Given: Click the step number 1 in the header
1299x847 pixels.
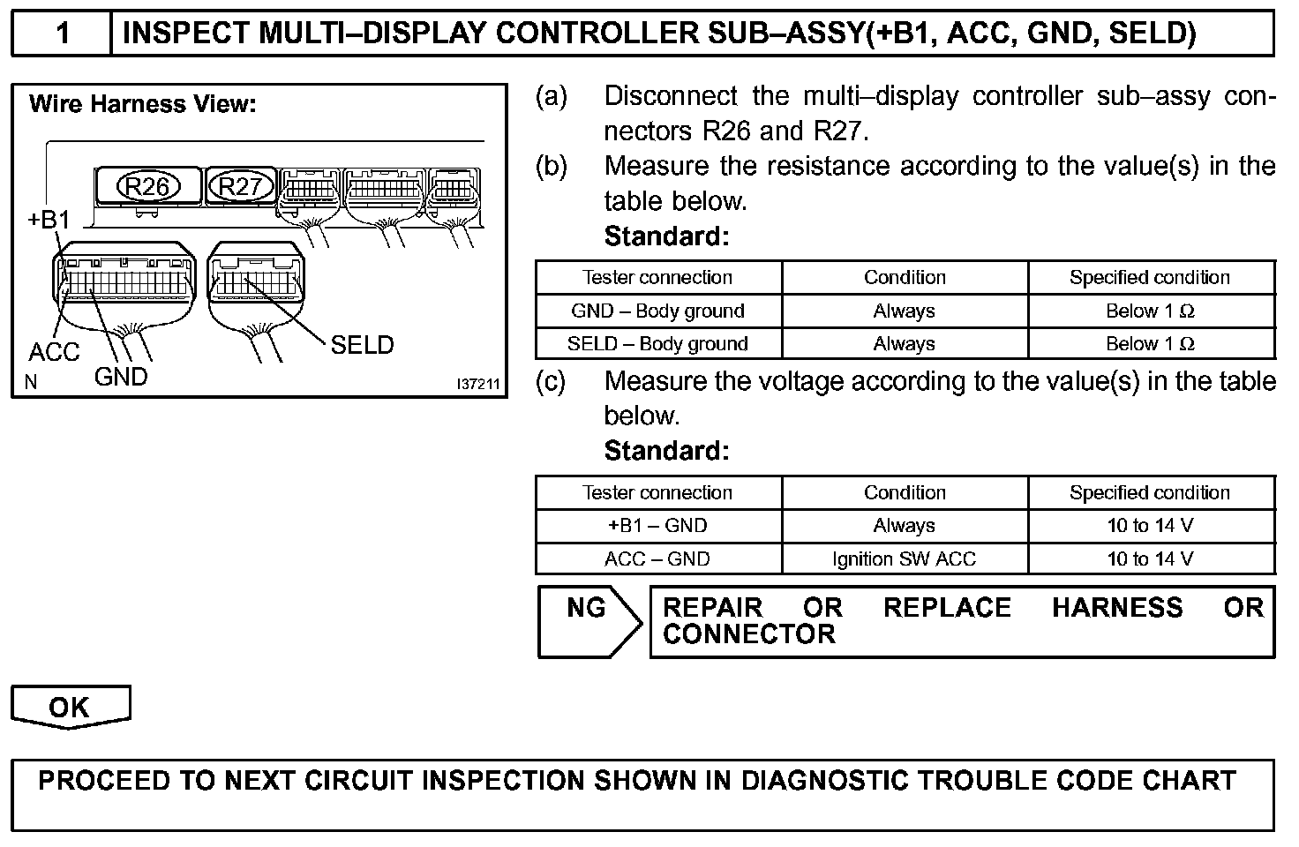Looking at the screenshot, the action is pos(62,34).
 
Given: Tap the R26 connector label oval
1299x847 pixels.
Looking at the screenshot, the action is pos(147,186).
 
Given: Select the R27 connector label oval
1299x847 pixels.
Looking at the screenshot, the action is pos(240,186).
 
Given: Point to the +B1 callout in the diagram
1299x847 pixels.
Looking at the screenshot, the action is pos(48,220).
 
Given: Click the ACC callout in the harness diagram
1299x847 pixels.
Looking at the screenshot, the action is pos(54,352).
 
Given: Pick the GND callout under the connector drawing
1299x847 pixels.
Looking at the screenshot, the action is pos(121,378).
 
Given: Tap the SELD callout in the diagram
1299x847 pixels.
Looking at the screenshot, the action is pos(362,345).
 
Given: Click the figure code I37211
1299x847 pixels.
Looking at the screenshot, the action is pos(477,385).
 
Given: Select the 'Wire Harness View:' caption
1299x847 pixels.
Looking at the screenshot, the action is pos(142,104).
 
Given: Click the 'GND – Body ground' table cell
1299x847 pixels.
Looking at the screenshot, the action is pos(658,311).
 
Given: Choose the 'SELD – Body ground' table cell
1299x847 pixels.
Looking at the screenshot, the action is pos(658,343).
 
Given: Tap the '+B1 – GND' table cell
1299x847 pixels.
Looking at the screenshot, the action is pos(658,526).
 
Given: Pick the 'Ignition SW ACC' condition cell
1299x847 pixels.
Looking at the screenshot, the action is pos(905,558).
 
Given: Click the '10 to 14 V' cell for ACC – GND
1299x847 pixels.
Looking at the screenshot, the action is pos(1150,558).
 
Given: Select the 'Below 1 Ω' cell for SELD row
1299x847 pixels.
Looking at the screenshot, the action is pos(1150,343).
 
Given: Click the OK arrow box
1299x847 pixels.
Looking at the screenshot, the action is pos(70,707).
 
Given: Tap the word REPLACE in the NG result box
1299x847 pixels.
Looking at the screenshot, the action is pos(947,608).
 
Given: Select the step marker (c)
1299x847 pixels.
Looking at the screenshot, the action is pos(551,382).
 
